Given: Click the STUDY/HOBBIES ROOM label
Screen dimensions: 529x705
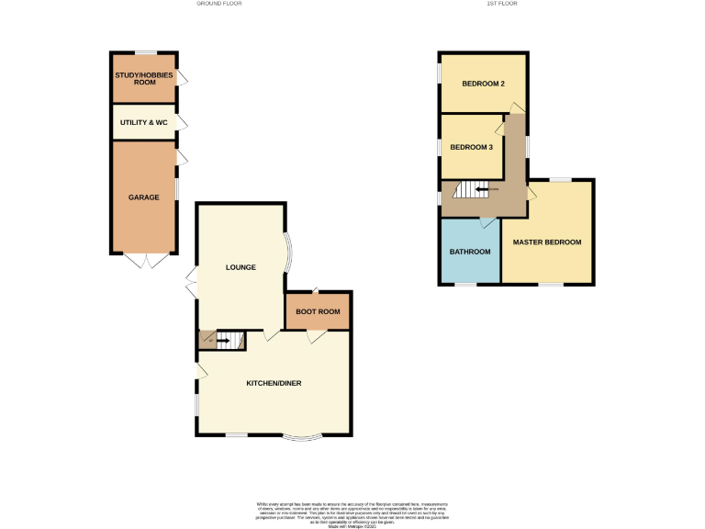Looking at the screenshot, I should point(143,78).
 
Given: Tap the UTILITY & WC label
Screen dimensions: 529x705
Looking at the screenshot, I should point(143,121).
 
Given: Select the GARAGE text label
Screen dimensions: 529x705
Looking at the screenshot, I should point(143,197).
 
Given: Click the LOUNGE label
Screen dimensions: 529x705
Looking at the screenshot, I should point(241,267).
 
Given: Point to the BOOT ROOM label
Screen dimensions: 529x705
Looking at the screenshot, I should point(318,311).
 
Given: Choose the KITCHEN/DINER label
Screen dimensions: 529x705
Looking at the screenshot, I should point(274,383).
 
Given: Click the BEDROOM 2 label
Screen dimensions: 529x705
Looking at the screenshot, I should point(483,84).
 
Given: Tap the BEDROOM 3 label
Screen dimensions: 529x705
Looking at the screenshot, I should point(471,147).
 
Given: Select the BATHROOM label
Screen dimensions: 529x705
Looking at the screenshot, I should point(470,251).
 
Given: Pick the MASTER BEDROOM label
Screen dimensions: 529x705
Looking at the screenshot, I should point(547,242).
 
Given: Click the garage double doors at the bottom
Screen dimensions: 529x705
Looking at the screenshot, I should point(144,261).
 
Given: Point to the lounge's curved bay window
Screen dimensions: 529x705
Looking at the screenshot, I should point(287,250).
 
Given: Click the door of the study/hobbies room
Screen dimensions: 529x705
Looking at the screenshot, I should point(182,78).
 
